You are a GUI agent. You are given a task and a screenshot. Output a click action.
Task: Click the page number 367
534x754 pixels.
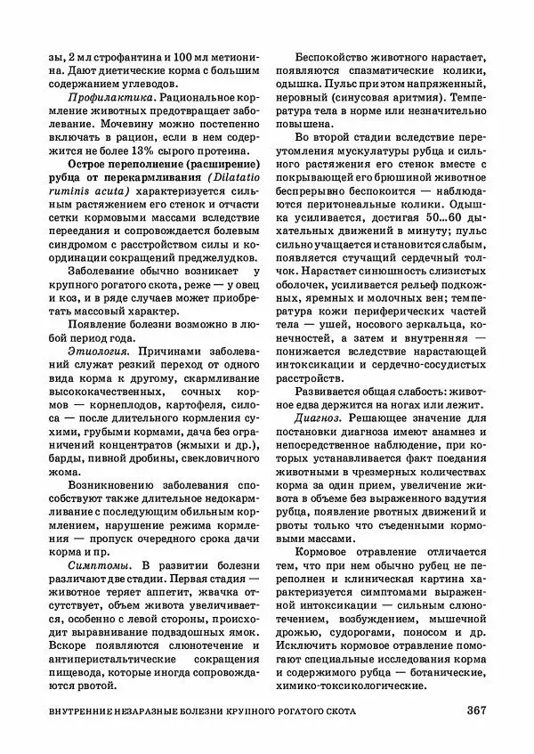(x=474, y=710)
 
